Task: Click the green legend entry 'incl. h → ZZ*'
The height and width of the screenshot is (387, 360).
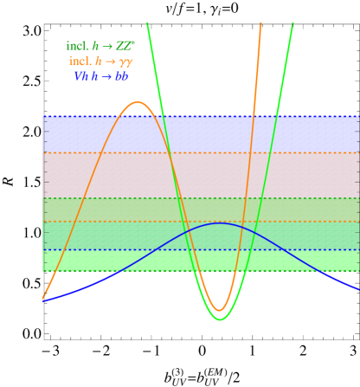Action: pos(100,46)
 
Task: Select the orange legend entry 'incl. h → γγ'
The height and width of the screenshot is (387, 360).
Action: pos(100,61)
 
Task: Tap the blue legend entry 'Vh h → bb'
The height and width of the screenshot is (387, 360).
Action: pos(100,76)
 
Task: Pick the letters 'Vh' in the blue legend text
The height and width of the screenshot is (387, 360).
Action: pos(80,76)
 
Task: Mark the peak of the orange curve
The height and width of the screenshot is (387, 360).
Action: pos(138,102)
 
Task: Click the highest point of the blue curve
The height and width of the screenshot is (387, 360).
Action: pos(220,223)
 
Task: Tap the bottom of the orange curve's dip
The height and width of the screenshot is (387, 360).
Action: pos(220,310)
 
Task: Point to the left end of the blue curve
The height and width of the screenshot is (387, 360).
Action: pos(44,300)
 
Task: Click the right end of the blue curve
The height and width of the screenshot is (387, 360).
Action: pos(357,288)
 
